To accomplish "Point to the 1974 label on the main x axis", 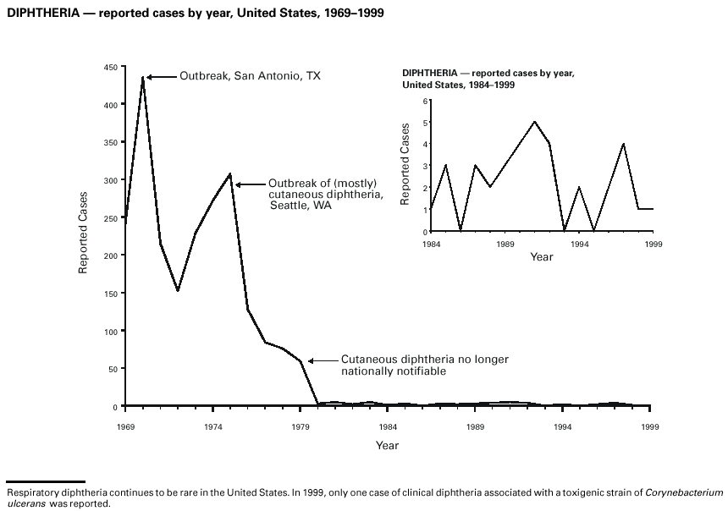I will click(213, 427).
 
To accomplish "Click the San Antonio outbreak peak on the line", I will click(143, 77).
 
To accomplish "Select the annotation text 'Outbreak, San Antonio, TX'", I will click(250, 76).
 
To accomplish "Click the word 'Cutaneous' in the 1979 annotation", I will click(366, 360).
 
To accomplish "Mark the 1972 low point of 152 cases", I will click(178, 291).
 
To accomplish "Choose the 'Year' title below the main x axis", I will click(387, 445).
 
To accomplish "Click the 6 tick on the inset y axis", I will click(426, 101).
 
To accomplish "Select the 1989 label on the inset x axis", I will click(505, 244).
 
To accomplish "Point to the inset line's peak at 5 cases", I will click(535, 122).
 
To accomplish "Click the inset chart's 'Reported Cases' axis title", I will click(405, 166).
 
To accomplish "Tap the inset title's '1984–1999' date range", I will click(490, 85).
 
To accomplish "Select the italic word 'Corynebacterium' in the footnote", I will click(684, 492).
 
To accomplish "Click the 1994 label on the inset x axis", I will click(580, 244).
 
